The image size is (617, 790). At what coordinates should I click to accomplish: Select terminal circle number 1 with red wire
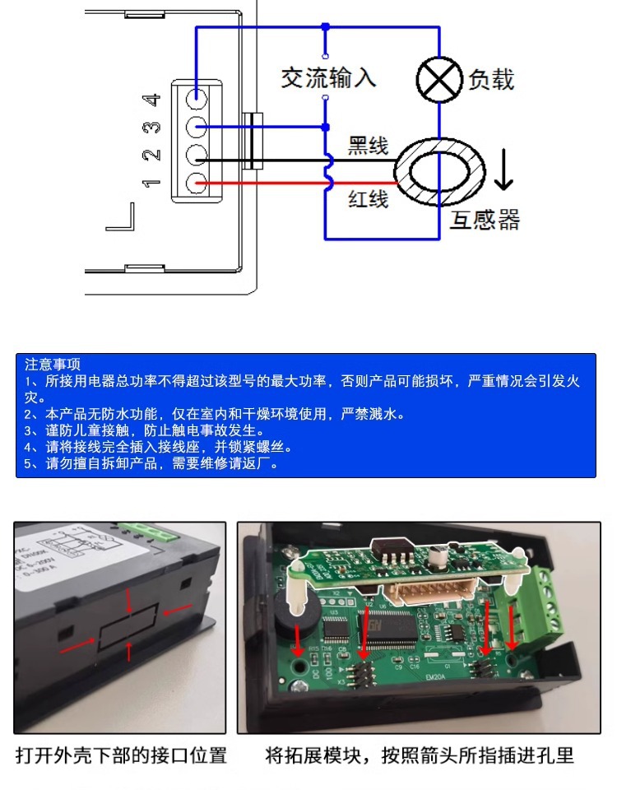[x=196, y=183]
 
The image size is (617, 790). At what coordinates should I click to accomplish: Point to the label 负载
[x=491, y=80]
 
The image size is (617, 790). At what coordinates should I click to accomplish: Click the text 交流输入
[x=328, y=77]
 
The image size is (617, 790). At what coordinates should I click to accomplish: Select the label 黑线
[x=367, y=146]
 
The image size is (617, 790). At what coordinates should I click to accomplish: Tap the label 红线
[x=367, y=198]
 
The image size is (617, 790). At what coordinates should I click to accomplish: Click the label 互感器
[x=484, y=220]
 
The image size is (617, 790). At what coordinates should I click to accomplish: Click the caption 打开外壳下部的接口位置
[x=121, y=755]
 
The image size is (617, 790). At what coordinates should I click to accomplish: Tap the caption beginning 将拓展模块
[x=420, y=755]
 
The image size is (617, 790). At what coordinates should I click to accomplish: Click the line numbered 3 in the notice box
[x=144, y=430]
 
